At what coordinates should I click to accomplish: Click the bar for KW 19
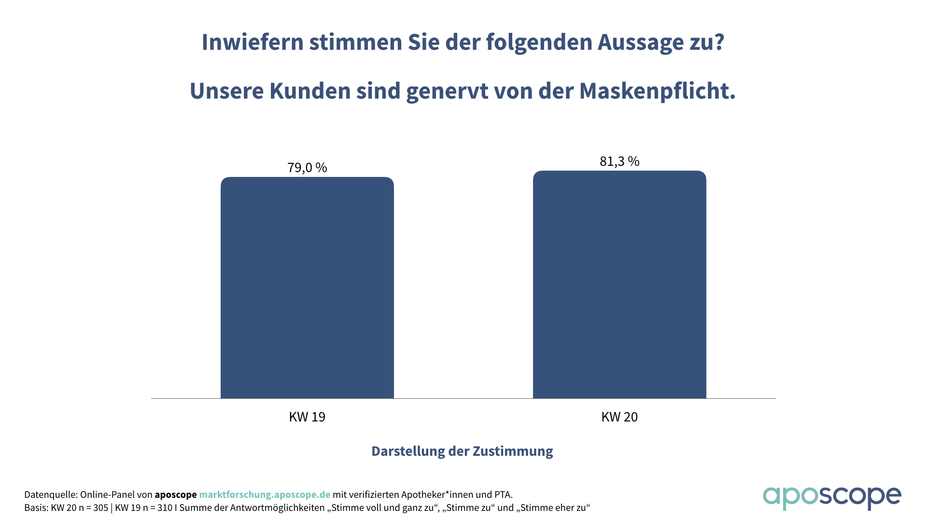(307, 288)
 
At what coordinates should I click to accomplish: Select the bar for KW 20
(619, 285)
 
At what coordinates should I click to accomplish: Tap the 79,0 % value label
(307, 168)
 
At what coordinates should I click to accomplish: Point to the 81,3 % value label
(619, 161)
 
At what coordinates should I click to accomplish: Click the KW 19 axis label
(307, 417)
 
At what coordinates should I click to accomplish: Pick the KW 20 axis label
(619, 417)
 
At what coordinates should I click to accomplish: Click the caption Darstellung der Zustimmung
(462, 451)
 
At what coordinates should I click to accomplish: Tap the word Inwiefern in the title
(252, 42)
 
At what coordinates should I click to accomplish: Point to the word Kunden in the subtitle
(309, 91)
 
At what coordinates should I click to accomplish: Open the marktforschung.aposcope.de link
(265, 495)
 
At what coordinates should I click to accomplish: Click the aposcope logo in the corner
(831, 497)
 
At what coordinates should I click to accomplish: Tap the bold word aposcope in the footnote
(176, 495)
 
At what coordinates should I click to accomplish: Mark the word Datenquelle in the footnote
(50, 495)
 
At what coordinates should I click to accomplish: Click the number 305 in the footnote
(100, 508)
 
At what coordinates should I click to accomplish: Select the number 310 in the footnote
(165, 508)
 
